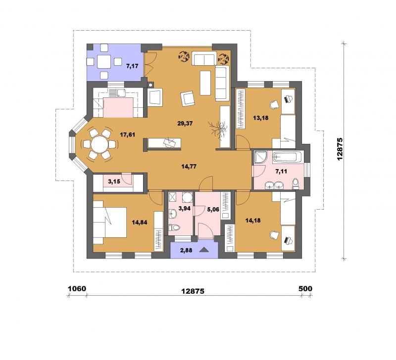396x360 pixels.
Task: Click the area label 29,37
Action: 185,123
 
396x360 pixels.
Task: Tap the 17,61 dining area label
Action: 127,135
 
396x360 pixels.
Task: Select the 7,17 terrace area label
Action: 132,66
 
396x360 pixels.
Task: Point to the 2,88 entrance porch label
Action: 186,251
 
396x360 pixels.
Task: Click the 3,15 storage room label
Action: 114,181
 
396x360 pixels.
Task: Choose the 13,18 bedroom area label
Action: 261,118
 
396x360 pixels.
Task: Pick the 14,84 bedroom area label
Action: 140,223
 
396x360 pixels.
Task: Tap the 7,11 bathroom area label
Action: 281,172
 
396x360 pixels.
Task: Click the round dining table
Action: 100,144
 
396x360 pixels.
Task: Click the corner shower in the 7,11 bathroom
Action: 260,157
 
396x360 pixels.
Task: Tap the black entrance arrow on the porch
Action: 204,250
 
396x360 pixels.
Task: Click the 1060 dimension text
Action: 77,288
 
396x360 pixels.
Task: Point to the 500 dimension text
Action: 305,288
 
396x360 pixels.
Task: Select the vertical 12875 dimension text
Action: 340,148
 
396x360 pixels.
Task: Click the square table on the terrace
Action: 104,61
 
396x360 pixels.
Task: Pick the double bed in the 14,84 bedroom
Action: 109,222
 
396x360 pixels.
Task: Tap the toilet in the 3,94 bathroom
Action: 174,227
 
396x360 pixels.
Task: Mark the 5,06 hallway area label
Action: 213,209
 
